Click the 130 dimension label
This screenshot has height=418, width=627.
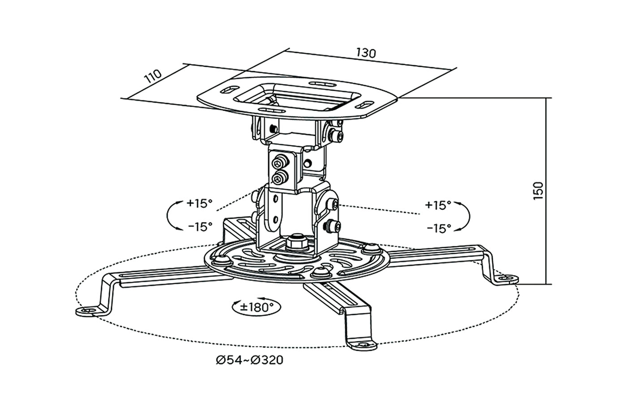pos(366,53)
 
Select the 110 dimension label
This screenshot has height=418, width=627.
pos(153,76)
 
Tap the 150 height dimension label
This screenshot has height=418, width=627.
pos(538,191)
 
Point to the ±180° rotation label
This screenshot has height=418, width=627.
pos(256,307)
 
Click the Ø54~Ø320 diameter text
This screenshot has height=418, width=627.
pos(249,360)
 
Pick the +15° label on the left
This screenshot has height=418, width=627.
pos(199,203)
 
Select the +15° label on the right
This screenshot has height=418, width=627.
pos(438,205)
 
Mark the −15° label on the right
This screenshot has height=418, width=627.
pos(439,228)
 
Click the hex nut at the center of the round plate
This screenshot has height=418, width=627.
pos(296,242)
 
